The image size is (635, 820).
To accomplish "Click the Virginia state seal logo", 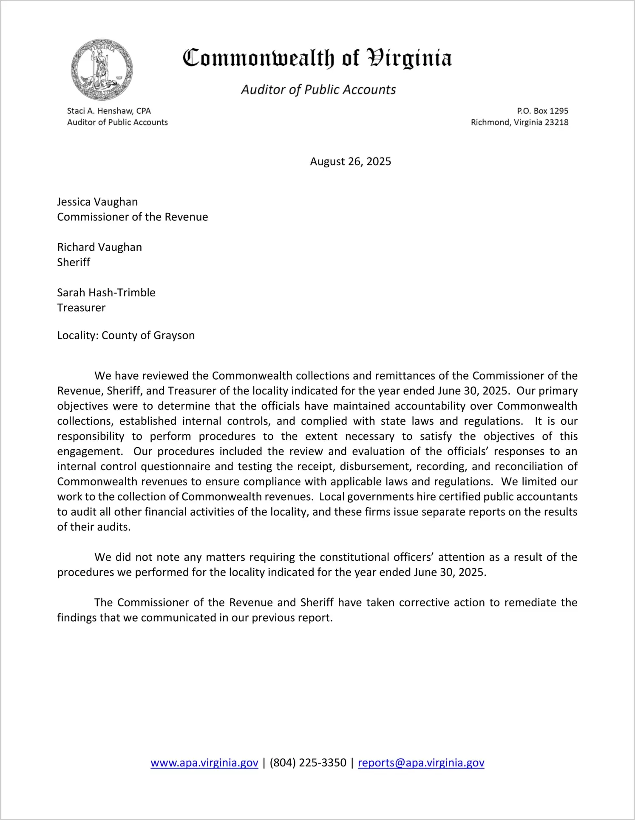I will click(102, 70).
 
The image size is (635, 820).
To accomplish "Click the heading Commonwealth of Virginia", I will click(317, 58).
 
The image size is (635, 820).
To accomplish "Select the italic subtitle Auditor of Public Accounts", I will click(318, 90).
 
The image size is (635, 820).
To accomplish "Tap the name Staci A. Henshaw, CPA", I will click(109, 111).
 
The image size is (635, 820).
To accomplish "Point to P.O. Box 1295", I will click(542, 111).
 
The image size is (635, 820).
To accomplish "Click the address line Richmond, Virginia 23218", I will click(519, 122).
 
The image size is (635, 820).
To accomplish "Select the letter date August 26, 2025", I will click(350, 161).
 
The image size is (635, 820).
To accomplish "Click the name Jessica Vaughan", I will click(97, 202).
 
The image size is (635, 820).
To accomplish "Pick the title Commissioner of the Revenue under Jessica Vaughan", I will click(133, 217).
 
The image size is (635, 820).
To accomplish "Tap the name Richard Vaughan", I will click(99, 247).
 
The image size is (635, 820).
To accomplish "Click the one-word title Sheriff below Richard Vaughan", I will click(74, 262).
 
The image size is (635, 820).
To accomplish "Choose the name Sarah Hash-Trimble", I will click(106, 293).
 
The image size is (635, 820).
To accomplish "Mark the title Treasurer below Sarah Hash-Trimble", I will click(81, 308).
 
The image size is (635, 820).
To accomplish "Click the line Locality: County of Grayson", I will click(126, 335).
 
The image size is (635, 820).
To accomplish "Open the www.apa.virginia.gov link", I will click(204, 763).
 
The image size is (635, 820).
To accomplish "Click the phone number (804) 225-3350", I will click(308, 763).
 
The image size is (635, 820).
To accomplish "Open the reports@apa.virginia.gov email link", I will click(421, 763).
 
